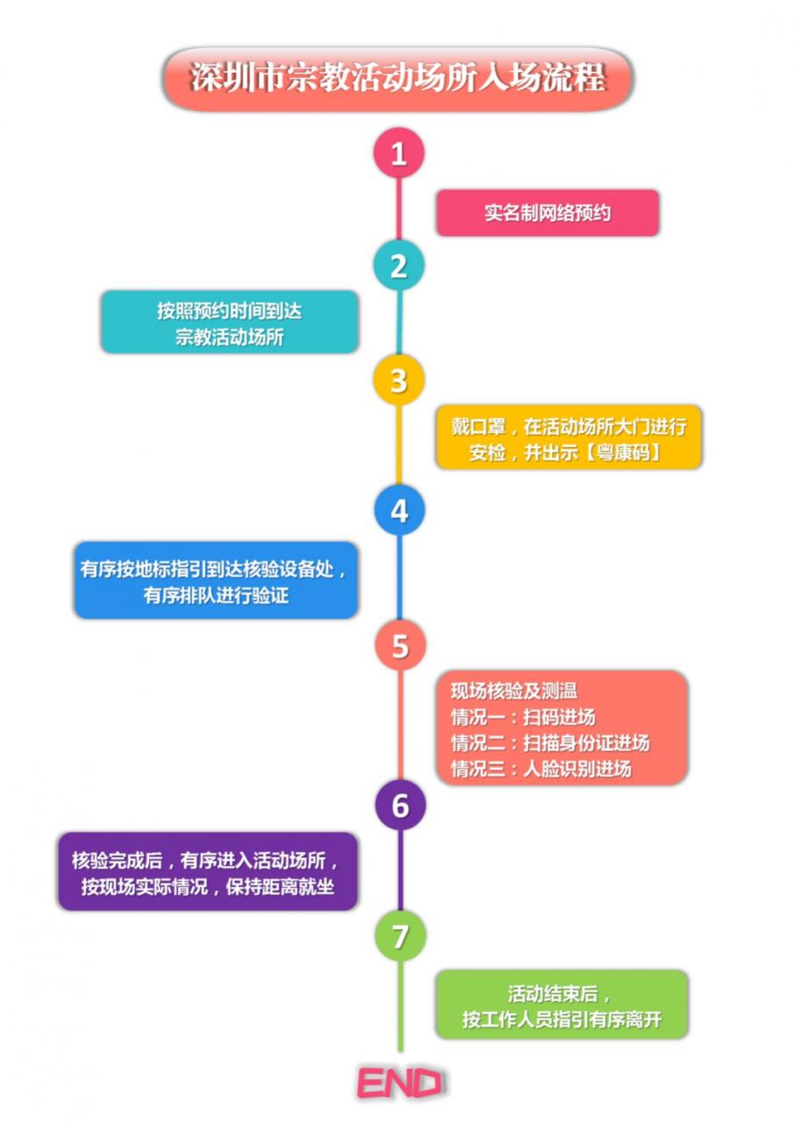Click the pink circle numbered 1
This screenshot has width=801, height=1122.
click(x=399, y=153)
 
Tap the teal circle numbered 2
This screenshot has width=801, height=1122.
click(x=399, y=266)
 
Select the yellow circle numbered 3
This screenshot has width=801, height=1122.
click(x=399, y=381)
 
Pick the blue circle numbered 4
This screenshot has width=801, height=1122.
click(x=399, y=510)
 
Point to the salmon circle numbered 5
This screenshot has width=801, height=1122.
click(x=400, y=646)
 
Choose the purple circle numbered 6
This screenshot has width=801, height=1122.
click(x=400, y=805)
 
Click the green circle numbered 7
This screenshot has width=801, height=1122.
click(x=400, y=936)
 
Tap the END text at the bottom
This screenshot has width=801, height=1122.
click(x=399, y=1083)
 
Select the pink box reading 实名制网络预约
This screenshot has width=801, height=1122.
click(x=547, y=213)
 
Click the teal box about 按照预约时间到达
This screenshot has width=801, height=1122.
click(x=230, y=323)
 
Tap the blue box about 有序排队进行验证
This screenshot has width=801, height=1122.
click(x=216, y=581)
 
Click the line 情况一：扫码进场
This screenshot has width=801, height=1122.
click(x=523, y=717)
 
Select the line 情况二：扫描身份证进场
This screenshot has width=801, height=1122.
click(x=550, y=743)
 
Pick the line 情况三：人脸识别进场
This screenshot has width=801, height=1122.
click(x=540, y=770)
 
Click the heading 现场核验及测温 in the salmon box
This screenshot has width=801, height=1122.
click(x=513, y=691)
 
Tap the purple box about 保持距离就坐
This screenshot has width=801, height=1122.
click(x=208, y=871)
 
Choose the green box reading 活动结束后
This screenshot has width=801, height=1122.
click(x=561, y=1005)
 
